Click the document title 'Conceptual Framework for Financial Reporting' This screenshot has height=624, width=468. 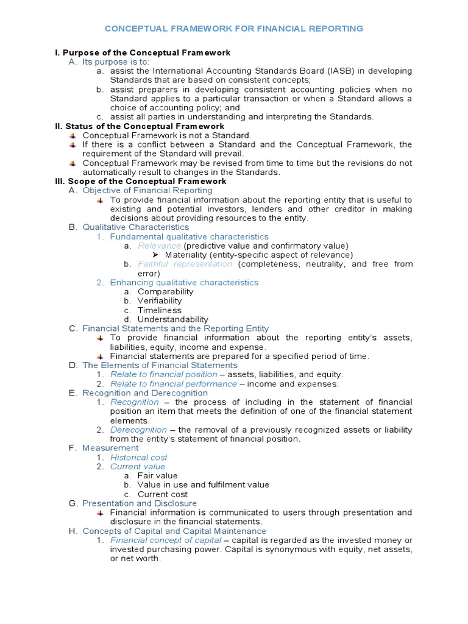234,29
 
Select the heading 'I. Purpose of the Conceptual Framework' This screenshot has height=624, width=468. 143,53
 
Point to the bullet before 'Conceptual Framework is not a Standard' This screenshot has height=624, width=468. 73,135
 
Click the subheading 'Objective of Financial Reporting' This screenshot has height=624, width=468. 147,191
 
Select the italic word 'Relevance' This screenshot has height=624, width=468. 159,246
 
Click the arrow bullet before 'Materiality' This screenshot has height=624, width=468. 155,255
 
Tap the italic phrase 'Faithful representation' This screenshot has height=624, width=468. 185,264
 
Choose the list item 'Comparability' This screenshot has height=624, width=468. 165,291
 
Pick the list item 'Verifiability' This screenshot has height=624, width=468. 160,300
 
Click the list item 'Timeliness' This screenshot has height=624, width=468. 160,310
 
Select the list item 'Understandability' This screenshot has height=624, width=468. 172,319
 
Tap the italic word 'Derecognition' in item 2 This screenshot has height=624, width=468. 138,430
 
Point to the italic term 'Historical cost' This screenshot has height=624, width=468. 138,457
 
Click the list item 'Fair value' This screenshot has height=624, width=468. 158,475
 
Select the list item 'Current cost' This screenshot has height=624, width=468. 163,494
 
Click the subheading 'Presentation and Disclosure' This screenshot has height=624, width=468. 140,503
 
